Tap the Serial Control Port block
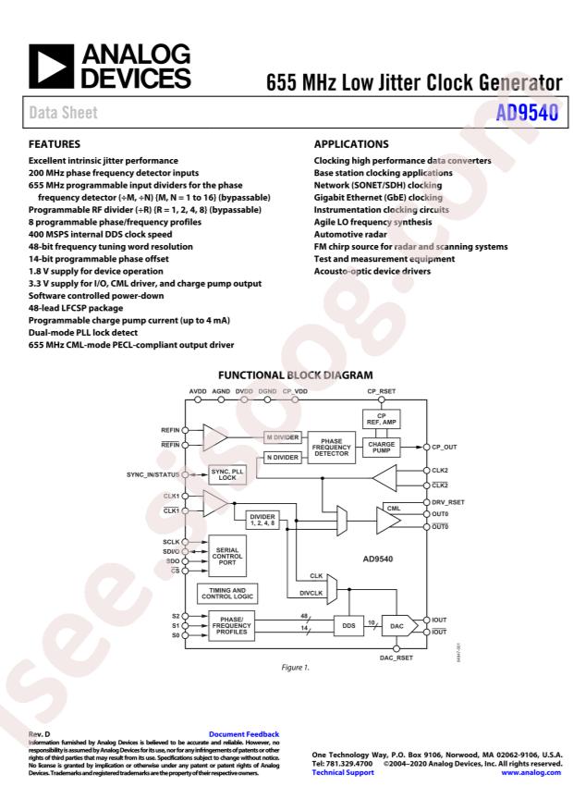(229, 554)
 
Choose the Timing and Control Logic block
(227, 593)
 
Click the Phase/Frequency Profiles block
(229, 625)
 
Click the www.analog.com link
(531, 772)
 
